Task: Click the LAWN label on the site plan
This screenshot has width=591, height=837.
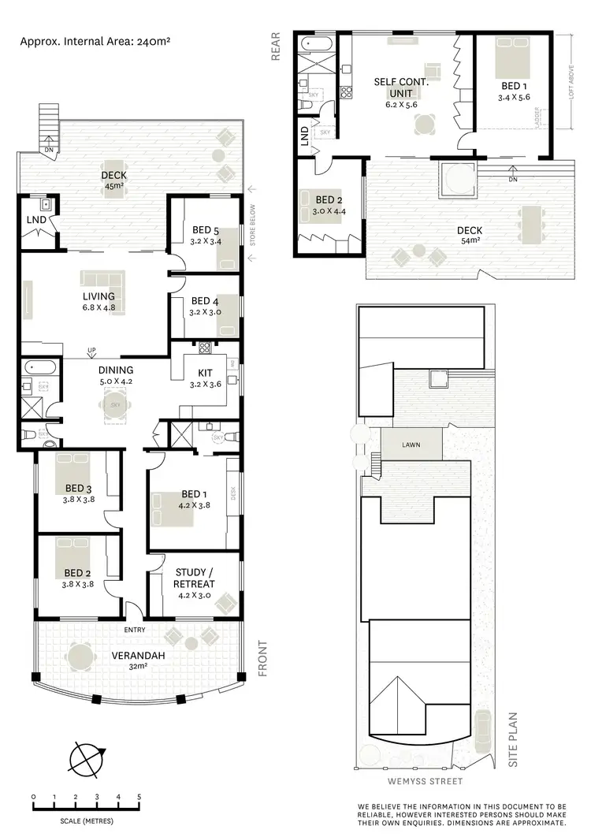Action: [410, 445]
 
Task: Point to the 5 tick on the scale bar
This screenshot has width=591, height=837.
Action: [139, 797]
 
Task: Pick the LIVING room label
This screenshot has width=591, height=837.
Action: [98, 296]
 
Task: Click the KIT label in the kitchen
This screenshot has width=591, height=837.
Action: [196, 374]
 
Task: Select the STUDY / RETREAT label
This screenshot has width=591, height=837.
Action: [193, 578]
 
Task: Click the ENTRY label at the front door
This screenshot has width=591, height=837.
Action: [135, 630]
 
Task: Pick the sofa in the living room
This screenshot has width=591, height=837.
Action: [101, 279]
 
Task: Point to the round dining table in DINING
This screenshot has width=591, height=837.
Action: [110, 406]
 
